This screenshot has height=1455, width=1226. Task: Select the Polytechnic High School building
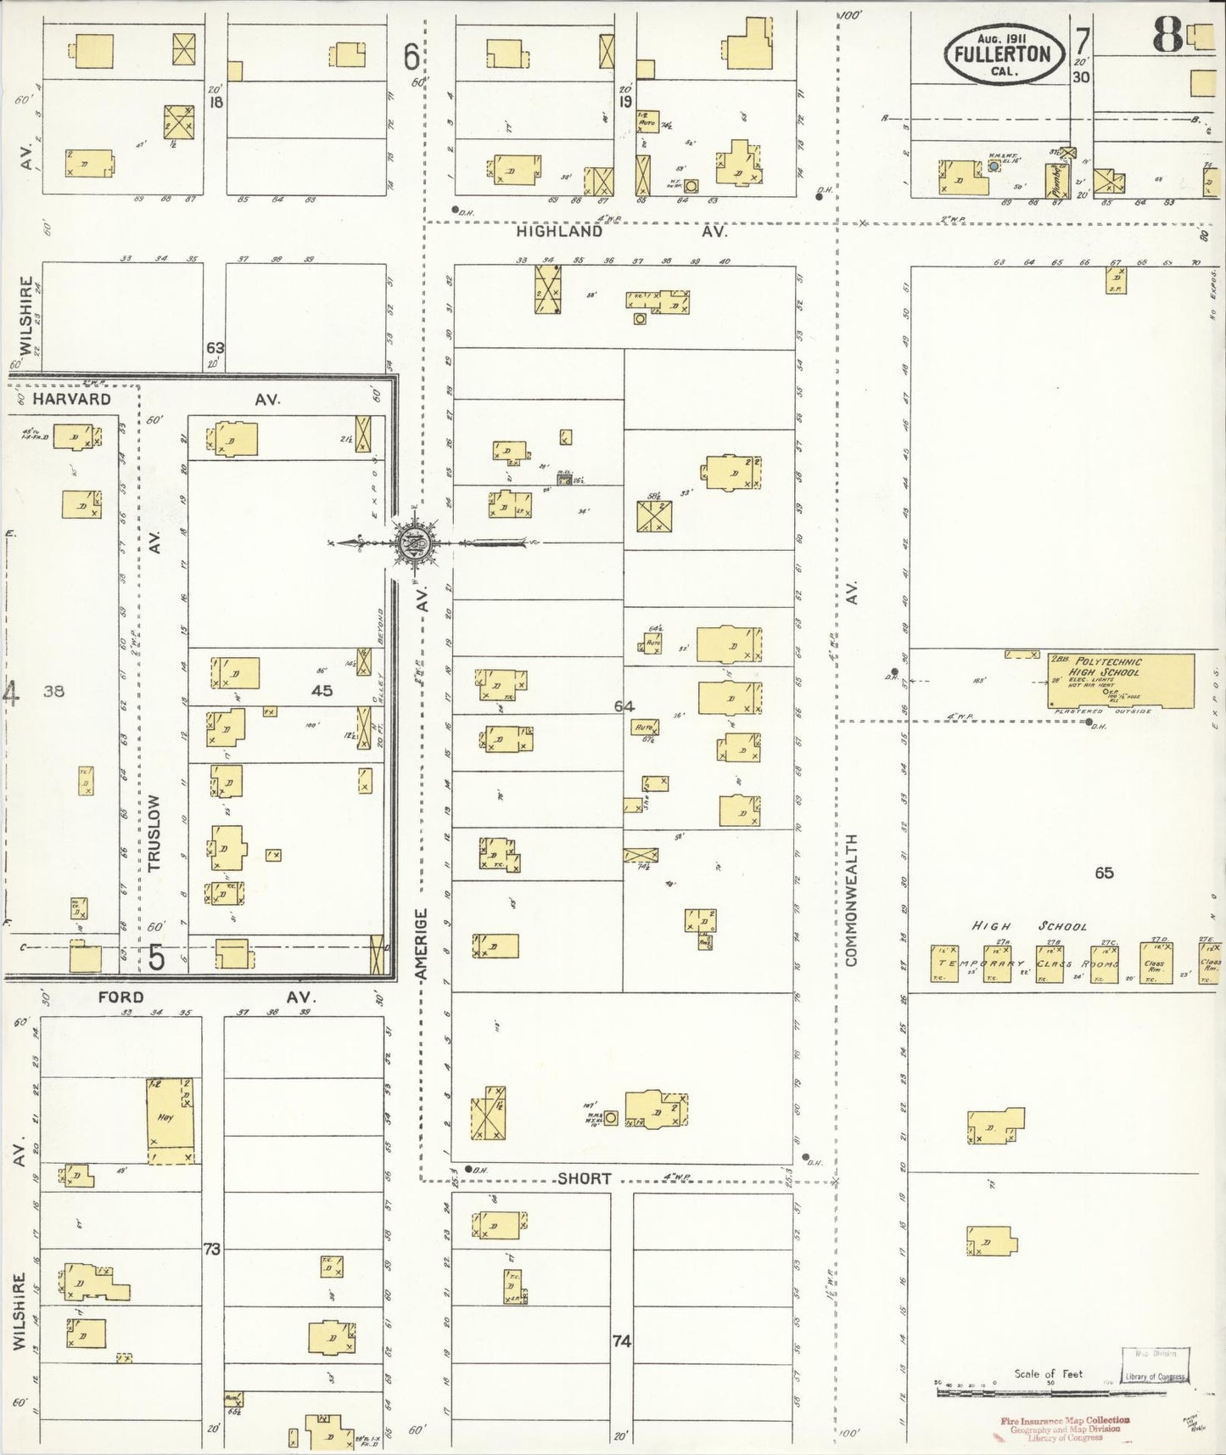(x=1120, y=679)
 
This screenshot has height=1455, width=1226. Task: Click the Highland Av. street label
(x=559, y=231)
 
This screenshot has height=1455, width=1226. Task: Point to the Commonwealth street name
(x=852, y=900)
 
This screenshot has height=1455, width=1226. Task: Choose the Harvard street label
(x=72, y=399)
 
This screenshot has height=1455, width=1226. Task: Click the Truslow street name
(x=154, y=833)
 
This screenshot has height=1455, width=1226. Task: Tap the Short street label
(x=585, y=1178)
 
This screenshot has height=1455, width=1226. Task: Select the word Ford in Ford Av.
(x=120, y=997)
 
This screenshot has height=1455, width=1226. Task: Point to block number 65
(x=1104, y=873)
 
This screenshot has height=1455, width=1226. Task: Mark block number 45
(x=322, y=691)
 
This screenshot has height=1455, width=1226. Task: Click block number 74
(x=622, y=1341)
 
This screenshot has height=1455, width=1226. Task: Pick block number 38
(x=53, y=691)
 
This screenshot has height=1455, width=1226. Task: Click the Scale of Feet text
(x=1049, y=1374)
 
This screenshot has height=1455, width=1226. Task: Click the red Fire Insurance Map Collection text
(x=1065, y=1420)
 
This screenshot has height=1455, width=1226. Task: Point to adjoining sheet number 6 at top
(x=411, y=58)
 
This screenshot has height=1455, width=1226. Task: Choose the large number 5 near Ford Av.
(x=157, y=957)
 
